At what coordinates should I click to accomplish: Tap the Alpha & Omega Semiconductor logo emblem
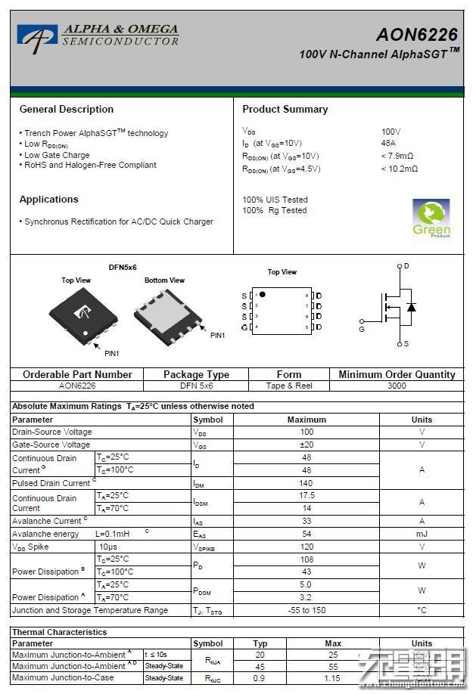[x=38, y=38]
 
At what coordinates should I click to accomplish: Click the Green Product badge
[x=431, y=218]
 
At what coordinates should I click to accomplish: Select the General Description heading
[x=67, y=110]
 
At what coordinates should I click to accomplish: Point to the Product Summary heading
[x=285, y=110]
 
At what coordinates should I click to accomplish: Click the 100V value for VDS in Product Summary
[x=391, y=132]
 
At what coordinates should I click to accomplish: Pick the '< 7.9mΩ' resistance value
[x=398, y=156]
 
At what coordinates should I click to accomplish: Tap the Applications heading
[x=49, y=200]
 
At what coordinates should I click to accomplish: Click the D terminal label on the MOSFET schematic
[x=406, y=266]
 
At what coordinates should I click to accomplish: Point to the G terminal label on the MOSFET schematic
[x=362, y=330]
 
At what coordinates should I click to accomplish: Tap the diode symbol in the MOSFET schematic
[x=411, y=307]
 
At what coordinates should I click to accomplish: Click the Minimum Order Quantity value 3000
[x=397, y=386]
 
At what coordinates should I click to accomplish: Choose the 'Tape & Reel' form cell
[x=289, y=386]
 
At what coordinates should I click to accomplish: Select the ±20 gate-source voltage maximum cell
[x=307, y=445]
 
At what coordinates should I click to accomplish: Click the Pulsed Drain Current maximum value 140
[x=307, y=483]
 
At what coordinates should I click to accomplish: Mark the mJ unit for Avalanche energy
[x=422, y=534]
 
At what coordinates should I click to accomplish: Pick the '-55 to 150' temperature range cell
[x=307, y=610]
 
